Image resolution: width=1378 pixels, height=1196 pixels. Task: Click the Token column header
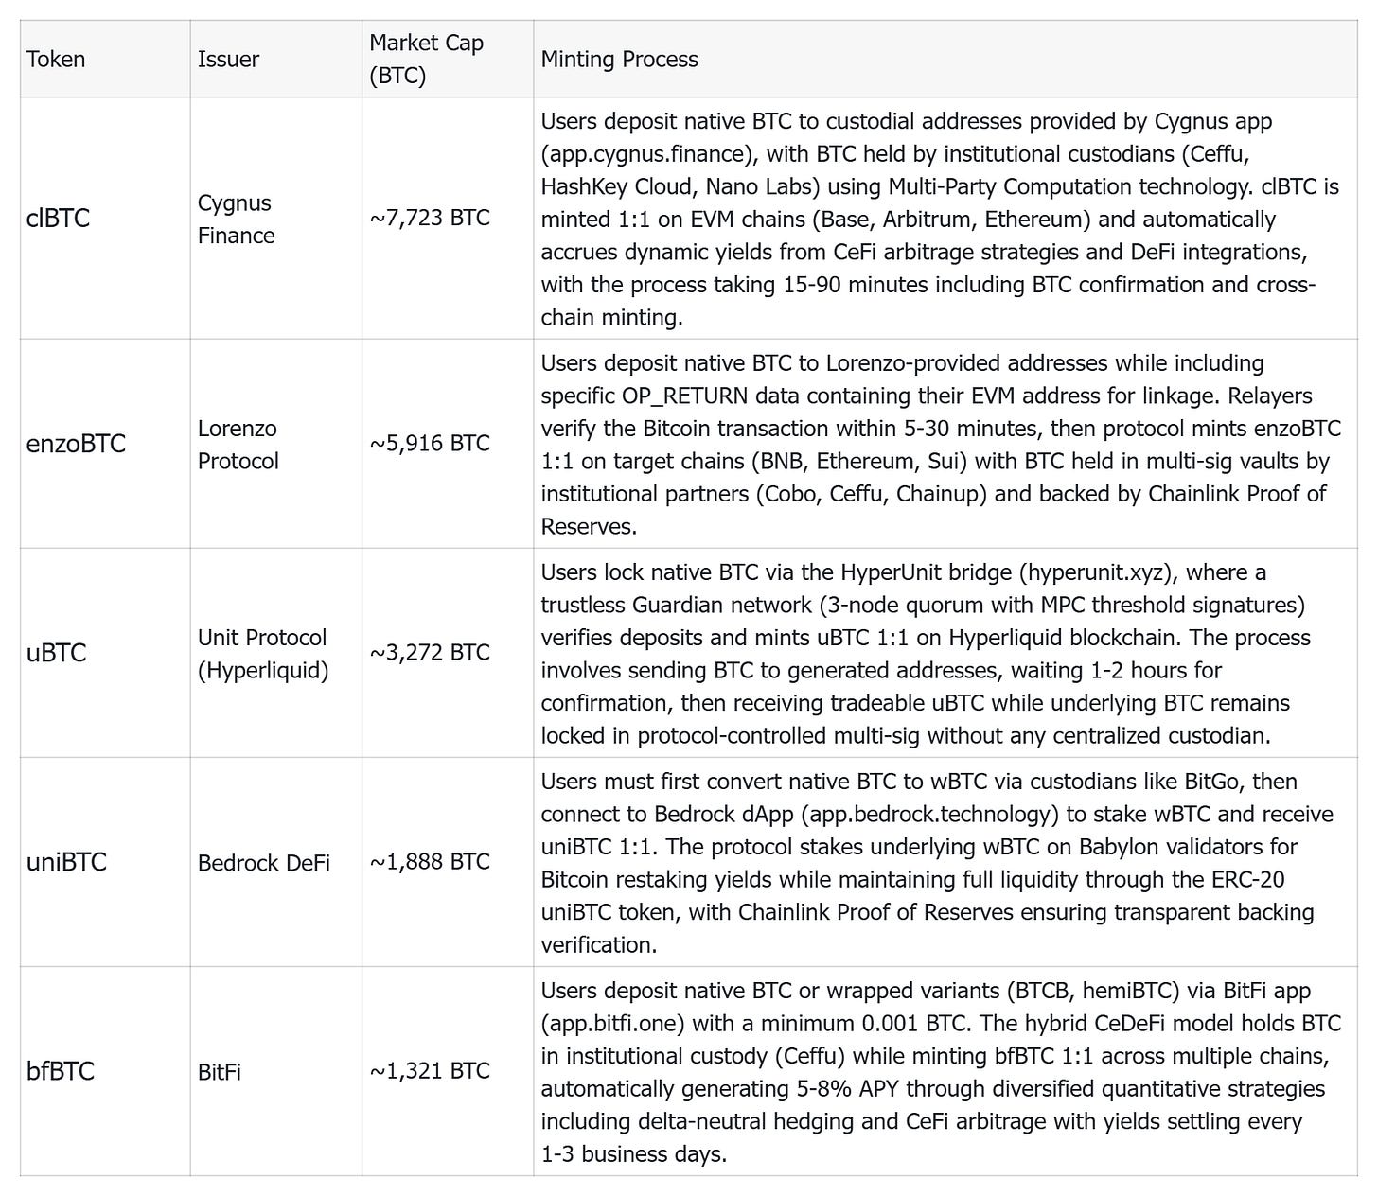(x=56, y=59)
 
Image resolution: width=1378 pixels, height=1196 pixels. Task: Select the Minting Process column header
(x=619, y=59)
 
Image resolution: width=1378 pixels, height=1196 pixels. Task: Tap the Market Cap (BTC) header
(x=426, y=59)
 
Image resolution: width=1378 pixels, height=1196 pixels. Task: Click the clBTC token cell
(x=59, y=218)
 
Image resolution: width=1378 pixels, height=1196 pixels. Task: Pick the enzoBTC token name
(x=76, y=444)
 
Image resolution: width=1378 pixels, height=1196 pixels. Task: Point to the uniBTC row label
(x=66, y=862)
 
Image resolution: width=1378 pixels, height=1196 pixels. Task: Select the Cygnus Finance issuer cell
(x=236, y=219)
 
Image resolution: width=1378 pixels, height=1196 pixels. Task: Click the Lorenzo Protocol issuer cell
(x=238, y=445)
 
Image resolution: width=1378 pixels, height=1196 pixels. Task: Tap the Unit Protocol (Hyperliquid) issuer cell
(x=262, y=654)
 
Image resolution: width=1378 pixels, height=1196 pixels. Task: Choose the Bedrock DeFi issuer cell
(x=264, y=863)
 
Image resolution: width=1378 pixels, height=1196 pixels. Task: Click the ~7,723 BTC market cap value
(x=430, y=218)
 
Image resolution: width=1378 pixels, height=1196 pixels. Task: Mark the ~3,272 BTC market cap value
(x=430, y=653)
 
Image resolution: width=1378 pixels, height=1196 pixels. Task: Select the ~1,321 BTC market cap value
(x=430, y=1071)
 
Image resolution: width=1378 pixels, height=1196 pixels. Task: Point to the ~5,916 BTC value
(x=430, y=444)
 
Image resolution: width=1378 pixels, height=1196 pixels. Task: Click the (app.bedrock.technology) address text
(x=919, y=814)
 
